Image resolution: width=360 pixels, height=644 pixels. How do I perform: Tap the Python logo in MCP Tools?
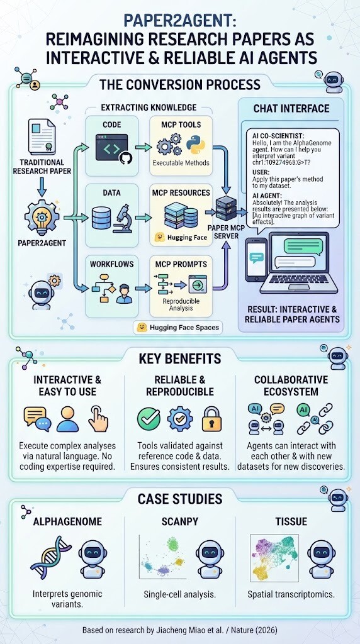(x=196, y=146)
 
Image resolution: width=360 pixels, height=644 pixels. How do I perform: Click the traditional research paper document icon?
(x=42, y=137)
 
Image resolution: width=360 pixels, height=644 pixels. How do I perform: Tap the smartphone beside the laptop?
(x=256, y=260)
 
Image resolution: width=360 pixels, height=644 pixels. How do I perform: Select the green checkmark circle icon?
(x=149, y=418)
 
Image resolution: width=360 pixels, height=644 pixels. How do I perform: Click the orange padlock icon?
(x=212, y=418)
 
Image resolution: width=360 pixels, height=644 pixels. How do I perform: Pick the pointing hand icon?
(x=99, y=418)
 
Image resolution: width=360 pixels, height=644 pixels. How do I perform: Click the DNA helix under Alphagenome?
(x=51, y=557)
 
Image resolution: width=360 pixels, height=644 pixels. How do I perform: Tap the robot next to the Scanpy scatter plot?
(x=210, y=559)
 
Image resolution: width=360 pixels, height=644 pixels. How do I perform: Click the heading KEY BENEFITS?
(x=180, y=358)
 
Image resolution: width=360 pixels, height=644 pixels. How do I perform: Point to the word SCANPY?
(x=181, y=521)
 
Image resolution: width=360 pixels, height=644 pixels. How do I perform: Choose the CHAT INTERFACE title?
(x=291, y=108)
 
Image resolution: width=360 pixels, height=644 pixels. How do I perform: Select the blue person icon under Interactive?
(x=67, y=419)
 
